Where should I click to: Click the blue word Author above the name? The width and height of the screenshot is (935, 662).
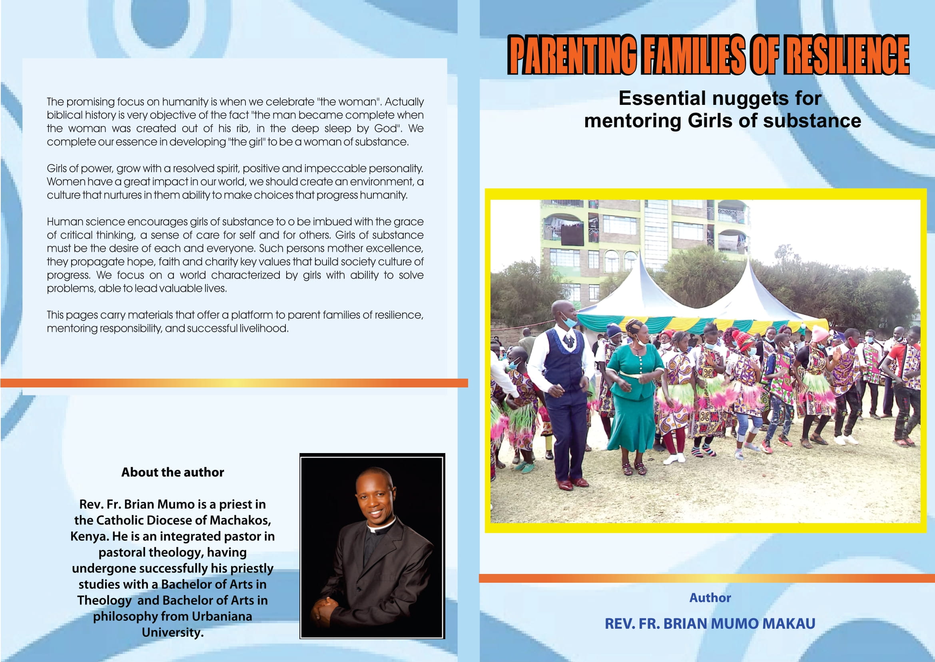710,598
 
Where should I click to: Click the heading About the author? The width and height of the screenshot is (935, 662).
173,472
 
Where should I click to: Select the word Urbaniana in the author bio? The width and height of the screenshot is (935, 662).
221,616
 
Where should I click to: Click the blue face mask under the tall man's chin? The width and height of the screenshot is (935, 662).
569,322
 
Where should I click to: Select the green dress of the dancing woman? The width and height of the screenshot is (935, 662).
634,399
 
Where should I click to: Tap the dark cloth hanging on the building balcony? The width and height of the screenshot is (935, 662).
572,235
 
